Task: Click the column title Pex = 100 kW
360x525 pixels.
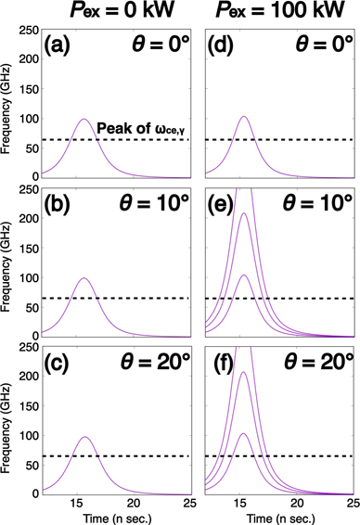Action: [279, 14]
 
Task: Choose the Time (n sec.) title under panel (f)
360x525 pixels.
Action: [278, 516]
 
